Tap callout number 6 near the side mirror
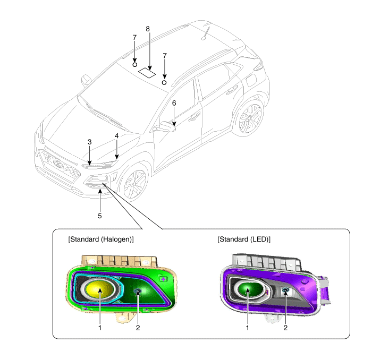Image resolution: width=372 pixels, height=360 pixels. [174, 103]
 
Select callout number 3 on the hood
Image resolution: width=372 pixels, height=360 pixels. [90, 142]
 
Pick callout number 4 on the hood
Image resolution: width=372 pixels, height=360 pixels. [116, 136]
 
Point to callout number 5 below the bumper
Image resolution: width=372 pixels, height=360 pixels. [99, 216]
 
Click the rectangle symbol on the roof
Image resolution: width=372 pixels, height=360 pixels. [146, 72]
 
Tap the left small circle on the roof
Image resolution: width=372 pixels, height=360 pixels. [135, 64]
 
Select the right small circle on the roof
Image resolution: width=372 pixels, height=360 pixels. [164, 83]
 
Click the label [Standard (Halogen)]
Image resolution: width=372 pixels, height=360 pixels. [101, 239]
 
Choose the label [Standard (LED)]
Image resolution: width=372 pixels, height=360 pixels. [244, 239]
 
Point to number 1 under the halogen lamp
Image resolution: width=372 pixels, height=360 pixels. [99, 328]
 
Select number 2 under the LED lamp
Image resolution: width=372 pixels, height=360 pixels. [285, 328]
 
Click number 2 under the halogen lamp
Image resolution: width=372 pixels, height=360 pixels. [138, 328]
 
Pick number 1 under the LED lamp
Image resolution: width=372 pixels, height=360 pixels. [248, 328]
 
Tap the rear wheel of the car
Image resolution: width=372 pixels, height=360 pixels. [250, 118]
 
